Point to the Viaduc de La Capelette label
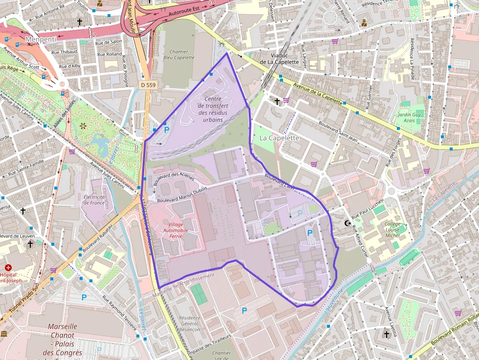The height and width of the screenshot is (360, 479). [279, 59]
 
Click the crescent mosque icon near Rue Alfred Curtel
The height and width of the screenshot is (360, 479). [348, 223]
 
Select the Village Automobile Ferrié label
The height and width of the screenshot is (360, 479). [174, 230]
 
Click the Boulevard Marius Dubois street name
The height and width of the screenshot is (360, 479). [182, 194]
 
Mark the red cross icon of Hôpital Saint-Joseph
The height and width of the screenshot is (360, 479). [8, 268]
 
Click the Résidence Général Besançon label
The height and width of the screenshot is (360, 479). [189, 324]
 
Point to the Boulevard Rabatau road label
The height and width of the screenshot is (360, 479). [98, 238]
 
